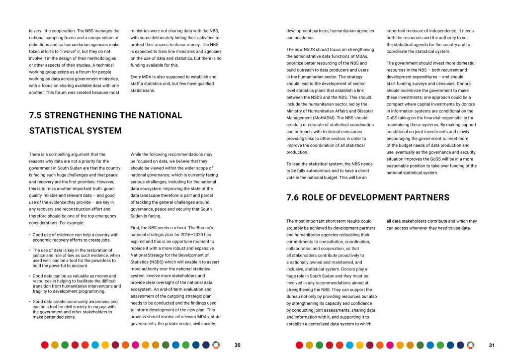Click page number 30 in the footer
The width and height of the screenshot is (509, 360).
pos(237,345)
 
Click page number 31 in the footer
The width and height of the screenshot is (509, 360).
pos(492,345)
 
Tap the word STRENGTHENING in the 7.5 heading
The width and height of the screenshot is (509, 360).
pos(82,115)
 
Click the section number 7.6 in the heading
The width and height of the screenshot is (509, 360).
pos(293,197)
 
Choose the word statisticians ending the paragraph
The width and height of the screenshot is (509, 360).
pos(142,90)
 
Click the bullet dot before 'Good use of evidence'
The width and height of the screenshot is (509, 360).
pos(30,235)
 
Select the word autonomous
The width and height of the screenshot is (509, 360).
pos(326,171)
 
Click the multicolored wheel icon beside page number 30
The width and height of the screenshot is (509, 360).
pos(215,345)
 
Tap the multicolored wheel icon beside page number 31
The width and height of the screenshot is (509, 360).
pos(470,345)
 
